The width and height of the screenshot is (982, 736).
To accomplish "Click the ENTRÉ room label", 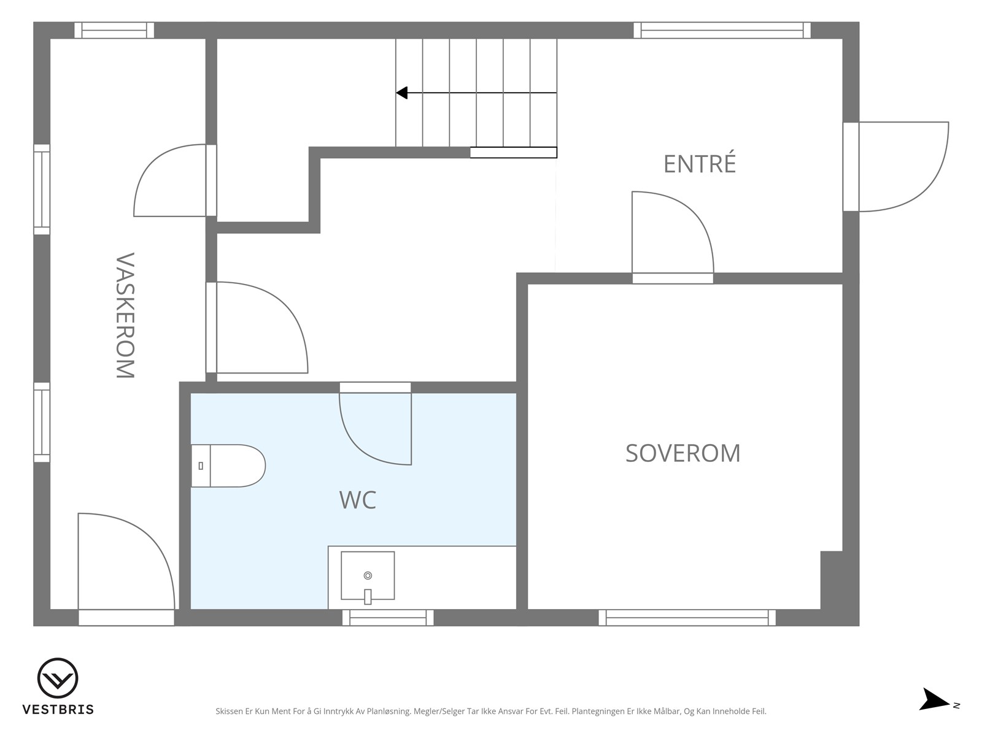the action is (x=699, y=164).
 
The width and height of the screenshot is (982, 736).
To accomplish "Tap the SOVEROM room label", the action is (x=682, y=453).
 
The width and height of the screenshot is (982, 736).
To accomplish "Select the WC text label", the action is (x=357, y=500).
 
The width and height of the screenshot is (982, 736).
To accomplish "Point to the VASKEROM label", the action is (x=125, y=315).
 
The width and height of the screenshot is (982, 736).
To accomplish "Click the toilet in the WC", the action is (x=228, y=466).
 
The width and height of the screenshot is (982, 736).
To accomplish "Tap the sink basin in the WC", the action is (x=368, y=575).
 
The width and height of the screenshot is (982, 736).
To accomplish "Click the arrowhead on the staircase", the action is (x=401, y=93).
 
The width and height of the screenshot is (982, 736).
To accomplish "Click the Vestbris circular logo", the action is (x=58, y=678).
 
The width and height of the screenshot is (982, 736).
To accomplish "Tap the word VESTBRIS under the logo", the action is (x=58, y=709).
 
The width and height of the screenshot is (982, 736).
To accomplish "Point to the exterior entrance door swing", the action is (x=903, y=167).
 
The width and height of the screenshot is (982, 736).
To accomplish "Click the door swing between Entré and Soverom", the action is (x=673, y=232).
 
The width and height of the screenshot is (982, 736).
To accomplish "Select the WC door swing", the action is (x=375, y=429).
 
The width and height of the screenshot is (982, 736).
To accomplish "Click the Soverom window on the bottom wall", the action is (x=687, y=618).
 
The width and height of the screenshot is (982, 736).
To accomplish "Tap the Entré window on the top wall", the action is (x=722, y=31).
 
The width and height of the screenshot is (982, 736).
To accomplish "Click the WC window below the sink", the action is (x=388, y=618).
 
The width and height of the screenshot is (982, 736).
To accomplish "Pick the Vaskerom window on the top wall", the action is (x=114, y=31).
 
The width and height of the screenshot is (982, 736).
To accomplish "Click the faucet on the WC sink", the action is (x=368, y=597).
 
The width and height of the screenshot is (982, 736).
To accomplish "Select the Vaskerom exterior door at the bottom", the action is (x=126, y=569).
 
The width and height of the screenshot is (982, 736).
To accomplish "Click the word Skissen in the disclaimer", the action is (x=229, y=711).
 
